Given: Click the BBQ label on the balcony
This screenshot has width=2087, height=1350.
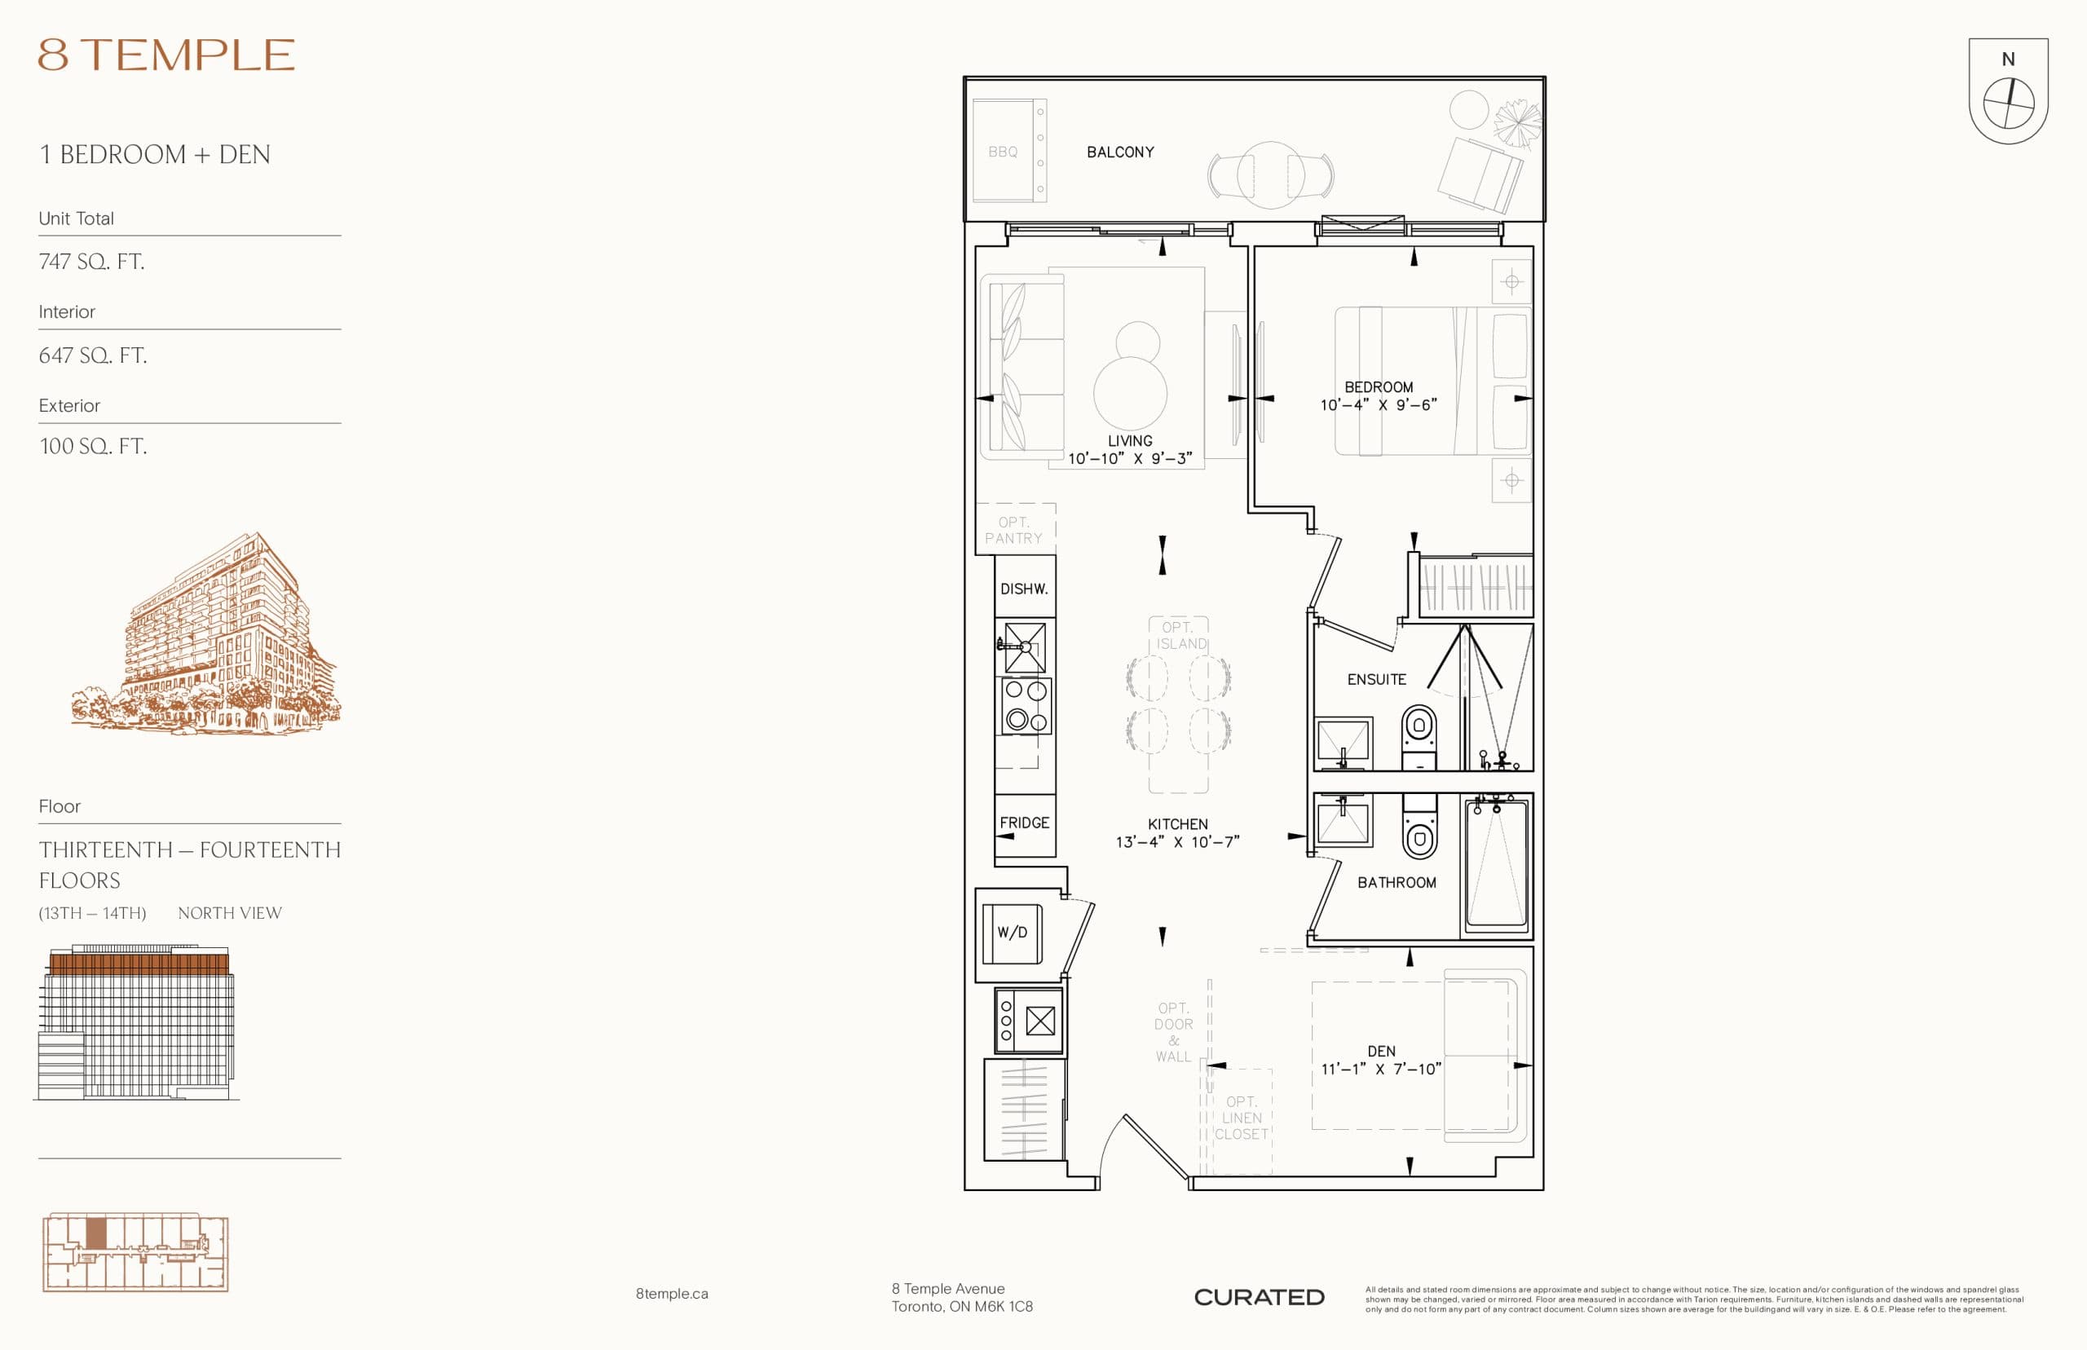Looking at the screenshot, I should click(x=1002, y=152).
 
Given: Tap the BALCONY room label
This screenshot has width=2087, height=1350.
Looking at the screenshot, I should click(x=1120, y=152).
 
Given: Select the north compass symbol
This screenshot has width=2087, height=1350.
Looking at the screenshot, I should click(x=2007, y=103).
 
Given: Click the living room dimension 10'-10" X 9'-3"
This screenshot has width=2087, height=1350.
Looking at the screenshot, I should click(x=1129, y=458).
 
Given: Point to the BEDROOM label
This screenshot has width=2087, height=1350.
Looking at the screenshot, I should click(x=1378, y=386).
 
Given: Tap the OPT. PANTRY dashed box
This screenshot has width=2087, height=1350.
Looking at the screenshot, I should click(x=1014, y=529).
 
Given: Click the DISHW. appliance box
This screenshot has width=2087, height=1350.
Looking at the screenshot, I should click(x=1024, y=589).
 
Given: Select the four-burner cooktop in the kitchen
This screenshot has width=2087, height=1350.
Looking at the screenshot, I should click(x=1026, y=706).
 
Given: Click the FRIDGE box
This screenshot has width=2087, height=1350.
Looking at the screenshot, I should click(x=1024, y=823).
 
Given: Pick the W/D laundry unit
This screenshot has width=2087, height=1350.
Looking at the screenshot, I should click(x=1012, y=933).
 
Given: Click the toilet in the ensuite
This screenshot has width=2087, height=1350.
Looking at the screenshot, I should click(x=1419, y=732).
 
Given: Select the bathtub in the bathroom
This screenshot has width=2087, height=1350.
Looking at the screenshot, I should click(x=1495, y=863).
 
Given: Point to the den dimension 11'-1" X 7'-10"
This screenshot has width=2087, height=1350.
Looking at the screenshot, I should click(x=1380, y=1069).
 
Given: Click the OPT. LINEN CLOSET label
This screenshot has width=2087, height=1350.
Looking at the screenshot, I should click(x=1241, y=1118).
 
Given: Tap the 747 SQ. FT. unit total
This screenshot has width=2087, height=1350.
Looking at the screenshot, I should click(x=91, y=261).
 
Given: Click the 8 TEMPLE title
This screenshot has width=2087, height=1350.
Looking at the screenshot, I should click(x=166, y=55).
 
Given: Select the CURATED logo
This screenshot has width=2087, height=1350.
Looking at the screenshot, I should click(x=1259, y=1297).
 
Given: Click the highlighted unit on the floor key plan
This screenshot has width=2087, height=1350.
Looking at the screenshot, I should click(x=95, y=1233).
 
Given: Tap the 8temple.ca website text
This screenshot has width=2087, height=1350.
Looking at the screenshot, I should click(x=672, y=1293).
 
